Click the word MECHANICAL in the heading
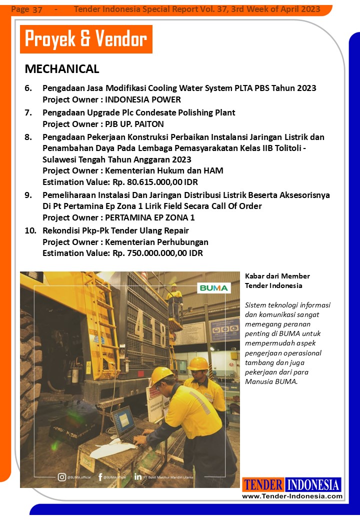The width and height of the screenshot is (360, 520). coord(62,69)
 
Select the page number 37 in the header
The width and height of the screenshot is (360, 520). coord(37,9)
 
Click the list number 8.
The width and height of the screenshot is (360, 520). coord(28,136)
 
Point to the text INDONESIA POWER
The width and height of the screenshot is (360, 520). coord(143,99)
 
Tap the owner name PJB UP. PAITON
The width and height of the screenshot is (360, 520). coord(134,123)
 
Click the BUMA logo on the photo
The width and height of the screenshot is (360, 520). coord(214,288)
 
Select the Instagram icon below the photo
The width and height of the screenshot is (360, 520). coord(62,477)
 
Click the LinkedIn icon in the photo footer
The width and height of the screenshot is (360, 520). coord(138,477)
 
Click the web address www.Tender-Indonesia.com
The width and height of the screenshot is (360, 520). coord(292,496)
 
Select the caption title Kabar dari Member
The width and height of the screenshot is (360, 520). coord(277,276)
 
